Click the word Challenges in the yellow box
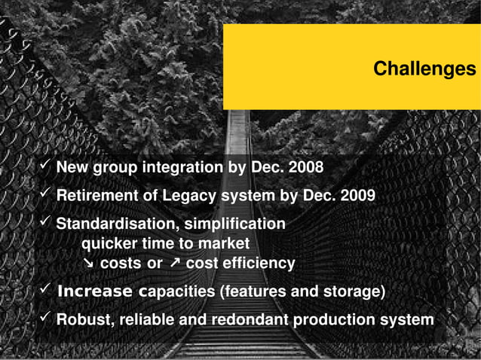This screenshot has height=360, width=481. [x=424, y=69]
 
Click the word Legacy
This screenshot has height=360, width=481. [x=187, y=196]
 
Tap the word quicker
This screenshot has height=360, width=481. [x=109, y=243]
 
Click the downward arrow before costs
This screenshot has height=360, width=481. [x=88, y=264]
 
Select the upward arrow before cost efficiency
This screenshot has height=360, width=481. [x=174, y=264]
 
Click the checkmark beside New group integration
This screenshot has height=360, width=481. [x=44, y=164]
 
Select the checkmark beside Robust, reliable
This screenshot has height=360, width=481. [x=44, y=317]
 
